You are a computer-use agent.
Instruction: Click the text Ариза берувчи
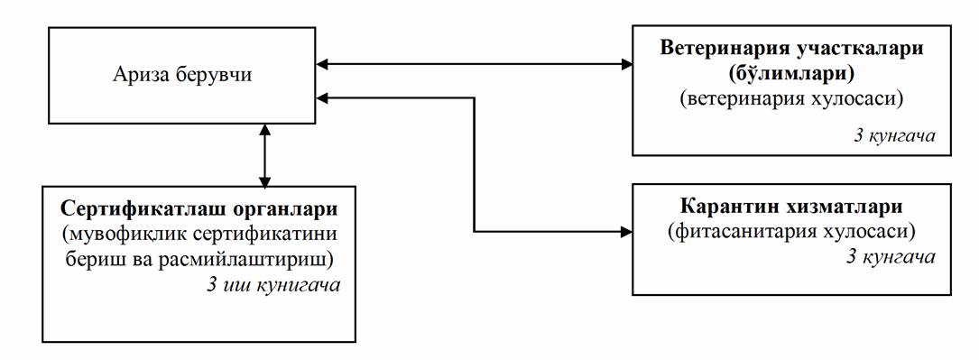point(182,75)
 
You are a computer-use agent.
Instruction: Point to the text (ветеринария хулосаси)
point(791,98)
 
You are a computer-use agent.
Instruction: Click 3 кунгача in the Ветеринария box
point(894,135)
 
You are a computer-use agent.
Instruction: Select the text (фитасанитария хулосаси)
point(791,232)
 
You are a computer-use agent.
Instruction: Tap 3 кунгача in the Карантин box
point(891,256)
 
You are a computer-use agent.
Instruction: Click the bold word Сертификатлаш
point(134,208)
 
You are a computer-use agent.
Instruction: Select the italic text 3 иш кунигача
point(272,286)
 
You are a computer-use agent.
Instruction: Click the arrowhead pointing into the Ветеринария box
point(626,63)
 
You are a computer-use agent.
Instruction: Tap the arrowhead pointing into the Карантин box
point(626,232)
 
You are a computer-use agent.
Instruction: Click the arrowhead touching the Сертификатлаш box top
point(265,180)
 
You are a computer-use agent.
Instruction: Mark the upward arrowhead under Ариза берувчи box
point(265,129)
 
